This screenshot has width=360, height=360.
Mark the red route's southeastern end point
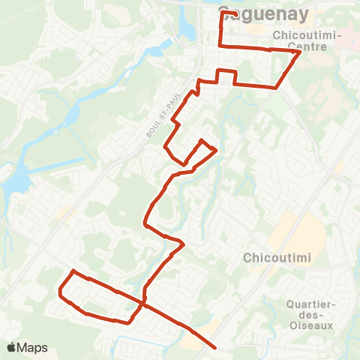coord(216,347)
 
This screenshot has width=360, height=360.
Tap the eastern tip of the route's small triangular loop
coord(217,150)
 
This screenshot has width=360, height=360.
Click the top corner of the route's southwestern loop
coord(73,271)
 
